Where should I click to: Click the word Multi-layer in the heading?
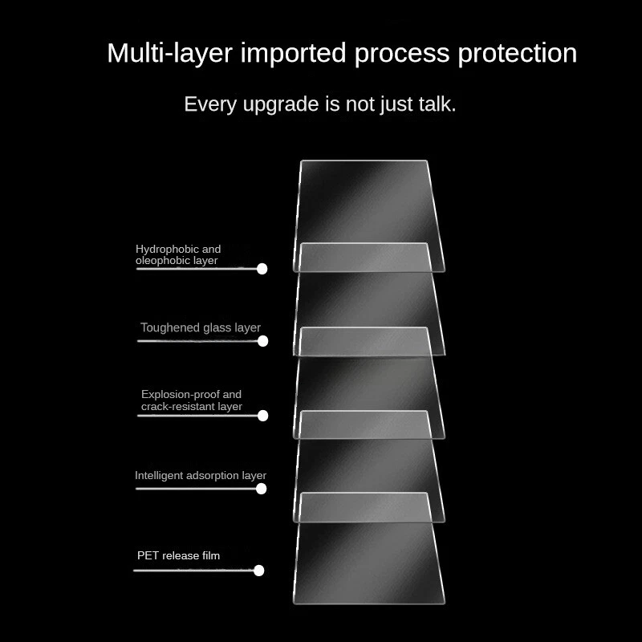pyautogui.click(x=170, y=54)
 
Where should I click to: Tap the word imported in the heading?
pyautogui.click(x=294, y=54)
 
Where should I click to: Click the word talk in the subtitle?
pyautogui.click(x=437, y=104)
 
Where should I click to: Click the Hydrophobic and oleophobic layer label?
pyautogui.click(x=177, y=254)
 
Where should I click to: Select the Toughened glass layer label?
pyautogui.click(x=200, y=327)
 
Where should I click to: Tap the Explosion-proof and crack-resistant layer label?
pyautogui.click(x=191, y=400)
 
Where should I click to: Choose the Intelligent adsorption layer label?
pyautogui.click(x=200, y=475)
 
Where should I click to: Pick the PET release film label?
pyautogui.click(x=178, y=555)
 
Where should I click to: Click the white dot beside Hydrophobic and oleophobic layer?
pyautogui.click(x=262, y=269)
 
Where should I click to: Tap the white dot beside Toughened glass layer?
pyautogui.click(x=262, y=341)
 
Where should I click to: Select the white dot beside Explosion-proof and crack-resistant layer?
pyautogui.click(x=262, y=416)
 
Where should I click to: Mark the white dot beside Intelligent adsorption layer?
pyautogui.click(x=261, y=488)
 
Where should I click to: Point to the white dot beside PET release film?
pyautogui.click(x=258, y=571)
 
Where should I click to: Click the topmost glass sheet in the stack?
pyautogui.click(x=365, y=201)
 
